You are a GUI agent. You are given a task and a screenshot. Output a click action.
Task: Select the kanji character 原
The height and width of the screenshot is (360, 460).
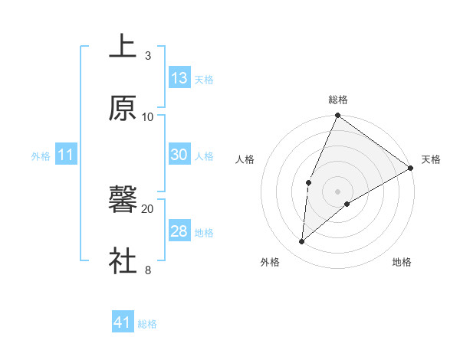point(123,109)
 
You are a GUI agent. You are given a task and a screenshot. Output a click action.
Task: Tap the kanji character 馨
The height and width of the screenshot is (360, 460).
point(123,200)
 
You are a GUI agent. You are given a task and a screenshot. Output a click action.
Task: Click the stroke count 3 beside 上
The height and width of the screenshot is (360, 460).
point(147,56)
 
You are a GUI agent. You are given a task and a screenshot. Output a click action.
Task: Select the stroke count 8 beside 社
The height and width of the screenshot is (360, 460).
point(147,270)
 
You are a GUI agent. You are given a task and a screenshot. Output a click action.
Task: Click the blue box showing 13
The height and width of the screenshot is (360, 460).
point(179,78)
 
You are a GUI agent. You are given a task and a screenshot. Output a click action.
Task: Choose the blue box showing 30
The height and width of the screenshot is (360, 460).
point(179,155)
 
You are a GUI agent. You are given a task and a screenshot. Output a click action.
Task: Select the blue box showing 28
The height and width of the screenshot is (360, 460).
point(179,231)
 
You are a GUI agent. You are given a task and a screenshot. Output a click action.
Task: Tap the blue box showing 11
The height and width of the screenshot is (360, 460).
point(66,155)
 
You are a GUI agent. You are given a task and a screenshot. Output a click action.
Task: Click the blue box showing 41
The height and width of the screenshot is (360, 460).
point(123,323)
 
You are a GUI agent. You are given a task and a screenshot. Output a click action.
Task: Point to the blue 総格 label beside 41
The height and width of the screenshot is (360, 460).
point(147,324)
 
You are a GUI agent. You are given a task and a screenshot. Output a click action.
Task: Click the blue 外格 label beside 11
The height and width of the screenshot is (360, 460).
point(41,155)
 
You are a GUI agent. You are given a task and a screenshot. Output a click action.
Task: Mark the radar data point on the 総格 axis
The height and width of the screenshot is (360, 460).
point(337,116)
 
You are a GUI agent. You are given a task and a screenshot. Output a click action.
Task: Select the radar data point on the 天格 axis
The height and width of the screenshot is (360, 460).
point(410,168)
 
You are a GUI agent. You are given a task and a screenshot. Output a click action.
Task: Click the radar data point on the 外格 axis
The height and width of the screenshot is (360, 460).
point(302,241)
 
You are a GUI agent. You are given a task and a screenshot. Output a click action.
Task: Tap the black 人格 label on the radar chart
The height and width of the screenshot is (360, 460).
point(245,159)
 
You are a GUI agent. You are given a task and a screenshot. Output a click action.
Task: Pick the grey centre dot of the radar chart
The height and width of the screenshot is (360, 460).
point(337,191)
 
